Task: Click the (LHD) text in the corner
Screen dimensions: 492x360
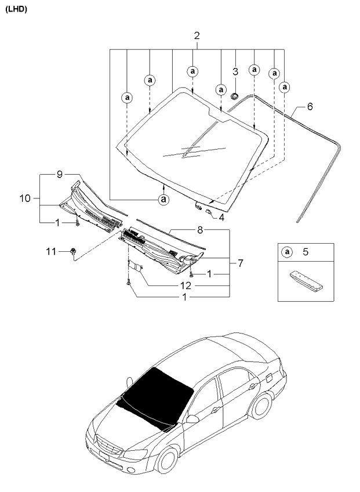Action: tap(16, 9)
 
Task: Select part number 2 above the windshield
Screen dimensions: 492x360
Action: tap(197, 36)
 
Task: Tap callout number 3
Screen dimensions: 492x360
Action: tap(235, 72)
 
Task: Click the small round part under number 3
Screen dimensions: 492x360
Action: tap(235, 95)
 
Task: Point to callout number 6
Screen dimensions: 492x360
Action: tap(310, 107)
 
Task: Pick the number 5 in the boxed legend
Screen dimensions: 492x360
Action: tap(306, 252)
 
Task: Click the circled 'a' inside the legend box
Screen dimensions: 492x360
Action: tap(286, 252)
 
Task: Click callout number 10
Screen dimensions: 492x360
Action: tap(24, 198)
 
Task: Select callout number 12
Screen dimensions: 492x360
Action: tap(184, 285)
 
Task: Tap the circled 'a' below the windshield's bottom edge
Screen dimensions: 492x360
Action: tap(163, 200)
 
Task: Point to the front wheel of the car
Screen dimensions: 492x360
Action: tap(169, 460)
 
